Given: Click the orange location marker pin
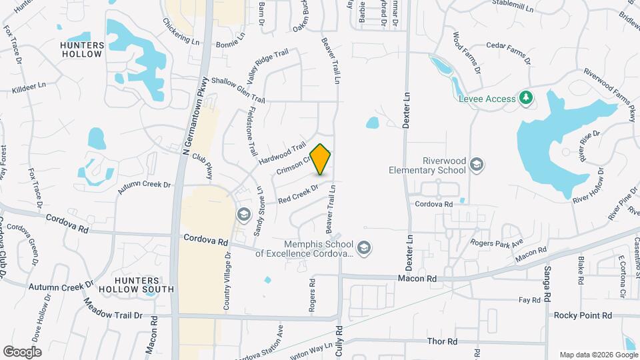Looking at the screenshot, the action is (x=321, y=159).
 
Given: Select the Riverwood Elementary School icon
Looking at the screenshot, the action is (x=477, y=164).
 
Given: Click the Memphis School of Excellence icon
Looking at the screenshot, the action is (x=363, y=249).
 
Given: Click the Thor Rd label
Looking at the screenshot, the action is (x=442, y=341).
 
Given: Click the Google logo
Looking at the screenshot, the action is (x=21, y=351).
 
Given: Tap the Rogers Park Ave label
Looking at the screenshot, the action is (x=497, y=242).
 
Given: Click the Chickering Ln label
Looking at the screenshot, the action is (x=181, y=31).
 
